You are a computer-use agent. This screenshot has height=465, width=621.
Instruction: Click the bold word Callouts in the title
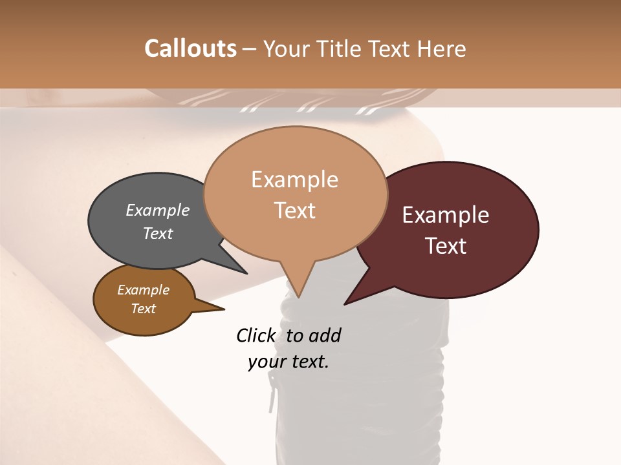point(190,48)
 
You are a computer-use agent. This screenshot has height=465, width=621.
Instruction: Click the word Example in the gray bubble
point(158,211)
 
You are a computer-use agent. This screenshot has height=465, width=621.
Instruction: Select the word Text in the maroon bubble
point(446,246)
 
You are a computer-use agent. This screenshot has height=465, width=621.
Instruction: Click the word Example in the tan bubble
point(295,180)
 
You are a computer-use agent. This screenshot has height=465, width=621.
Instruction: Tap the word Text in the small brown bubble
point(144,309)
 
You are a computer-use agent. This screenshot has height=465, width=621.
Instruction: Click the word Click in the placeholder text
point(256,335)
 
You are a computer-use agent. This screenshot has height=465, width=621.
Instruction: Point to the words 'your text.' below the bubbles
point(289,362)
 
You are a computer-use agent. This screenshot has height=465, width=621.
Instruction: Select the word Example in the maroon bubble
point(446,215)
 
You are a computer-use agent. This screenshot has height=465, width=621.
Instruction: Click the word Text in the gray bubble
point(158,233)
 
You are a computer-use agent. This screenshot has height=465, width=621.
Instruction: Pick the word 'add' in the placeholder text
point(325,335)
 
